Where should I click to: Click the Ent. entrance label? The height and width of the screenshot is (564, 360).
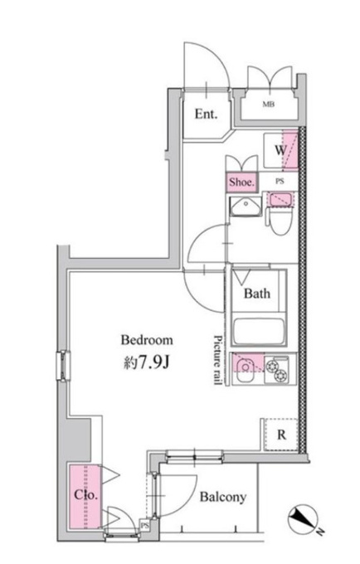(x=206, y=114)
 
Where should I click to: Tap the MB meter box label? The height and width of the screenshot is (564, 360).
(x=268, y=105)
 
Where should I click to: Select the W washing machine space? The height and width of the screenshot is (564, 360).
(x=281, y=150)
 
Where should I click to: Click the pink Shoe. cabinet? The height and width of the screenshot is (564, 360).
(x=242, y=182)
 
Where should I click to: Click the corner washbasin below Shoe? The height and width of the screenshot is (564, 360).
(x=246, y=207)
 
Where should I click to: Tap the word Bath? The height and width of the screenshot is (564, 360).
(x=257, y=294)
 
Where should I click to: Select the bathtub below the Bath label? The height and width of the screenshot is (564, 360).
(x=258, y=331)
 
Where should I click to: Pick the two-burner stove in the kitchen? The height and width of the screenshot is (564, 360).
(x=277, y=369)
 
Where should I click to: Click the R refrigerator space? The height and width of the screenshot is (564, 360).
(x=281, y=435)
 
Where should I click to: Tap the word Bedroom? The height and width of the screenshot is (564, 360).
(x=147, y=340)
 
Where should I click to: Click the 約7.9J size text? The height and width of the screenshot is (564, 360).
(x=146, y=363)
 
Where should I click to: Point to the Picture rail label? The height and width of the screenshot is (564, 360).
(x=217, y=360)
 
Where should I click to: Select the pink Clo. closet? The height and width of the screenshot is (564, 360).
(x=85, y=497)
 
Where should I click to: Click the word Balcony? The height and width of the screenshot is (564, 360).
(x=223, y=497)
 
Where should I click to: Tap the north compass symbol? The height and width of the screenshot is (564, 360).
(x=303, y=518)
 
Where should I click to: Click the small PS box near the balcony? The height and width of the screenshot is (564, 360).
(x=144, y=526)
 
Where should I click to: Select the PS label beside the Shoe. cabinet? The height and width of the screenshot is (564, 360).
(x=280, y=182)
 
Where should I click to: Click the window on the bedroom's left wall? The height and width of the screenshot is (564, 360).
(x=63, y=366)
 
